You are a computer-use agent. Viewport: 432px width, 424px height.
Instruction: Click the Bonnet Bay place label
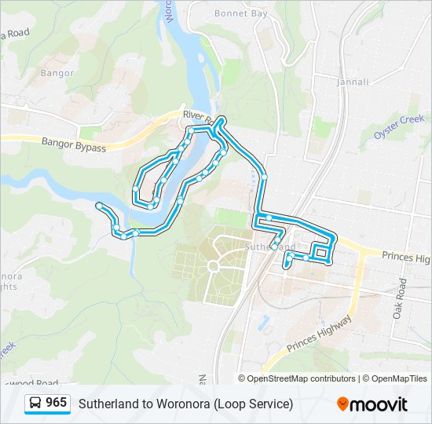[240, 13]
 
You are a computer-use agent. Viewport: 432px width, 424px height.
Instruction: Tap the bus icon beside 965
[35, 403]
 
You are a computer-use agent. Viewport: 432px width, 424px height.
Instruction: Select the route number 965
[57, 403]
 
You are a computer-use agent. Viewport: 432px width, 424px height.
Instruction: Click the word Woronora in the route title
[183, 404]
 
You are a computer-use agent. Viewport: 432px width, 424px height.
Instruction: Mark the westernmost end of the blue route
[98, 206]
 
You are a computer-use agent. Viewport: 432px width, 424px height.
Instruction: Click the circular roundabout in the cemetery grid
[212, 267]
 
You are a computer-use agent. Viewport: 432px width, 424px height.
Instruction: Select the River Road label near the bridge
[193, 115]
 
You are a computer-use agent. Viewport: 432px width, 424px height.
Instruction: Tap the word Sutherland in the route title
[110, 404]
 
